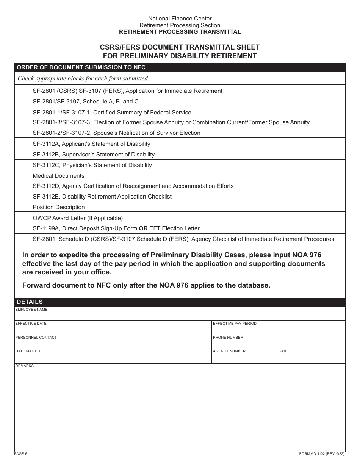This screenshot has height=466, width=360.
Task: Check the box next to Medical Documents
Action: click(21, 175)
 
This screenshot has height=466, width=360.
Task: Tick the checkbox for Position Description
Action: click(21, 207)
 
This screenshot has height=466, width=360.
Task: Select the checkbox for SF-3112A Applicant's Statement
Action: click(21, 144)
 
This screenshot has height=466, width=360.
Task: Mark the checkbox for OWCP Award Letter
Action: click(21, 218)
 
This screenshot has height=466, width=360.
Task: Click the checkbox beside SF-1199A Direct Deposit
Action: click(21, 228)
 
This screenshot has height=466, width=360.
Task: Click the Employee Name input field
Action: click(180, 316)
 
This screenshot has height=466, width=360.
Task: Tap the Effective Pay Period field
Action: click(278, 330)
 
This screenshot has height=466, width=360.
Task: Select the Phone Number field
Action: click(278, 344)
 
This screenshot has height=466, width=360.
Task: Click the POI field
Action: click(311, 358)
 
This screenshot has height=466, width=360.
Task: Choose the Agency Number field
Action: click(245, 358)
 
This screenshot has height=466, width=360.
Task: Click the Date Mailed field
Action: click(113, 358)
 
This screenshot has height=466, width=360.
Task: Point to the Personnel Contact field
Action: click(113, 344)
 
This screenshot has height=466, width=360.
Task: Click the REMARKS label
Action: click(25, 366)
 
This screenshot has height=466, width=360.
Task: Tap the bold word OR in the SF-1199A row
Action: click(143, 228)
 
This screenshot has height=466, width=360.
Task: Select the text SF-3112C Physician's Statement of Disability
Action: click(92, 165)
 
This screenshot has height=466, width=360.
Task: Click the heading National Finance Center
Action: click(180, 18)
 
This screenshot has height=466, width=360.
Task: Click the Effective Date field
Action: click(113, 330)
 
